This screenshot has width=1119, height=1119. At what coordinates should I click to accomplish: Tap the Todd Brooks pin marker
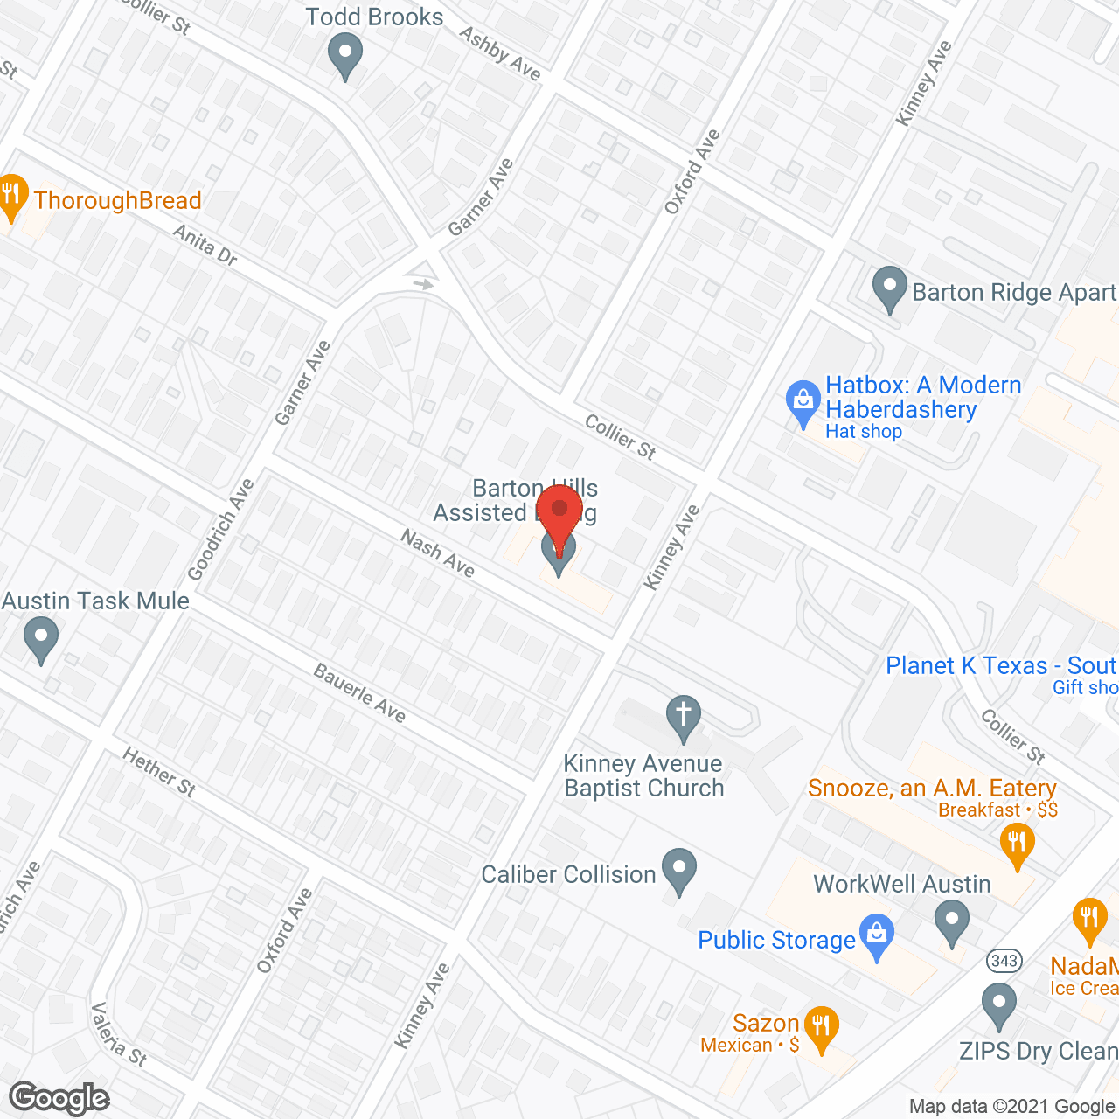[345, 56]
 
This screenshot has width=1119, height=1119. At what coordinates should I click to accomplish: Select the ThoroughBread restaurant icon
[11, 198]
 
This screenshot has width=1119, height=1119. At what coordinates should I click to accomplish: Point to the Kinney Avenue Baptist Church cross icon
[684, 718]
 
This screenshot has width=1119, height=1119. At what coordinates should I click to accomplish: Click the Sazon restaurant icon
[820, 1028]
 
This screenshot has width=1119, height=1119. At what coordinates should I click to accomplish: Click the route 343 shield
[1004, 961]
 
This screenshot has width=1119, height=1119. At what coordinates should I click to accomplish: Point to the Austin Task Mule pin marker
[40, 639]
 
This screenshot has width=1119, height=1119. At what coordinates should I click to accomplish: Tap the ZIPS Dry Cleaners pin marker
[998, 1005]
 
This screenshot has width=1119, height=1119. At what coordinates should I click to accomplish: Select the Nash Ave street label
[437, 553]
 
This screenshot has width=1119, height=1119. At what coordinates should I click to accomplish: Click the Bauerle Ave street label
[359, 694]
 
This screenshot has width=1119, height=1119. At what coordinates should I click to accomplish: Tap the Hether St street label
[159, 772]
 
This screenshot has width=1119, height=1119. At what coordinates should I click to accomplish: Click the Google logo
[59, 1098]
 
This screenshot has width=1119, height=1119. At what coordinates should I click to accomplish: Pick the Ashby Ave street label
[500, 53]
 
